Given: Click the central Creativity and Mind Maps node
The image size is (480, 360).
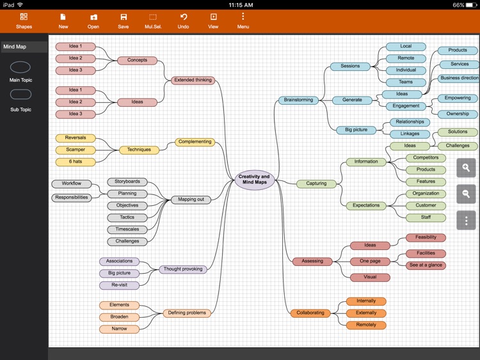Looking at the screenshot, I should pos(254,180).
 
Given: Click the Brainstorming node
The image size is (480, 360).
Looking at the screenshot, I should pos(298,100).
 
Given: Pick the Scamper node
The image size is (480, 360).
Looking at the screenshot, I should pos(76,150).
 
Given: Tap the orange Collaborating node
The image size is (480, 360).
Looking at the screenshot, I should pos(310,313).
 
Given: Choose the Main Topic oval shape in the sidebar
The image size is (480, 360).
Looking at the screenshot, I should pos(20,67).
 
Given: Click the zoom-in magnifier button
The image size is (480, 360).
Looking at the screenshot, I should pos(466,168).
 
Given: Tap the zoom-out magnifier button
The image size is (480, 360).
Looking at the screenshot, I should pos(466,194).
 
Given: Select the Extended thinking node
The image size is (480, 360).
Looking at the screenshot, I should pos(193,80).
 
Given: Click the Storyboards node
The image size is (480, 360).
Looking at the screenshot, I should pos(127,182).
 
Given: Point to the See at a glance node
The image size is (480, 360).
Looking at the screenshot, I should pos(426,265).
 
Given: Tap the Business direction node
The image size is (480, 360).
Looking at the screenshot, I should pos(460,78).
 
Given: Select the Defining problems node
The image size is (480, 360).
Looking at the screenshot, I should pos(187,313).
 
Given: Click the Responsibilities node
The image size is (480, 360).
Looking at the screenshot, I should pos(72,198).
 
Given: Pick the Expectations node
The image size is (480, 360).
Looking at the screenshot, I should pos(366,205).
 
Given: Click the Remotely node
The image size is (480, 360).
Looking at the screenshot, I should pos(366,325).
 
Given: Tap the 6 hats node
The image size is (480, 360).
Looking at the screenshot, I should pos(76,162).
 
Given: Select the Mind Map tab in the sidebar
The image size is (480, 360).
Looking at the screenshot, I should pos(24,47).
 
